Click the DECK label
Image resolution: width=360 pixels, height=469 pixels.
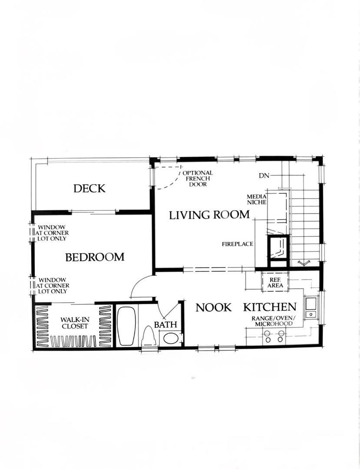click(x=89, y=188)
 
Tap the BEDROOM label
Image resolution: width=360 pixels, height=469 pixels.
click(x=95, y=257)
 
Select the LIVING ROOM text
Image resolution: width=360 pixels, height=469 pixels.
click(x=209, y=215)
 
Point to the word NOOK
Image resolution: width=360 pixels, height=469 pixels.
click(x=214, y=307)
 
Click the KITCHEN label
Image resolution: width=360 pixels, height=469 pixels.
click(x=270, y=307)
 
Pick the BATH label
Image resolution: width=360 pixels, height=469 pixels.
click(x=165, y=324)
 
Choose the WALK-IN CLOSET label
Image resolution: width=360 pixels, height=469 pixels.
click(x=75, y=323)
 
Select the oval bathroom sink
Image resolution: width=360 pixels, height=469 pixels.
click(x=171, y=339)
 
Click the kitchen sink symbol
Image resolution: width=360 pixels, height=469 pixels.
click(x=311, y=307)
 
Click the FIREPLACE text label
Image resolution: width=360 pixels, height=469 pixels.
click(x=238, y=244)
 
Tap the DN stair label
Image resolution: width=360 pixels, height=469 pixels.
click(x=264, y=176)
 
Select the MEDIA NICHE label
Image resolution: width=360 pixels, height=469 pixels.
click(x=257, y=199)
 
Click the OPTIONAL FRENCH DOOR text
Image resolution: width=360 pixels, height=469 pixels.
click(x=198, y=178)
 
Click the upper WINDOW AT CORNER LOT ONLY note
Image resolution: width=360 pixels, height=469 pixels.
click(x=52, y=233)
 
